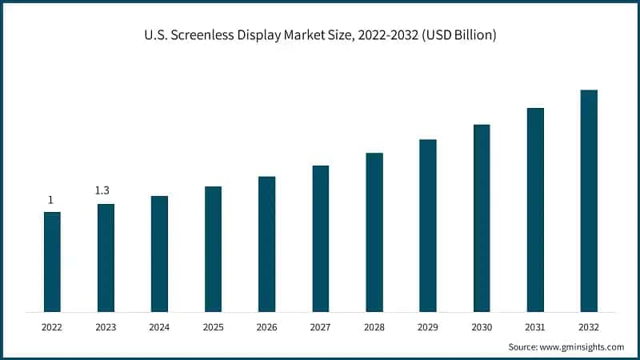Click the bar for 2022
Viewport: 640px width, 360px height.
(52, 262)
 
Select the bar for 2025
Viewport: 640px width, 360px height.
(213, 249)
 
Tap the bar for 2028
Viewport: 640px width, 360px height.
(374, 232)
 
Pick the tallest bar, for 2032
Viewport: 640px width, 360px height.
(589, 200)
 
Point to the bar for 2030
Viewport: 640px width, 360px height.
(482, 218)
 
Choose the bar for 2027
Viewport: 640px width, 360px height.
(321, 238)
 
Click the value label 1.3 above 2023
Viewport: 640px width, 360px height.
(102, 190)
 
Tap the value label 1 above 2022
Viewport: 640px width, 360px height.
(50, 200)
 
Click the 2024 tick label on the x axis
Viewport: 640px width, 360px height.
(159, 326)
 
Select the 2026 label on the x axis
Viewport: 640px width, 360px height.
(266, 326)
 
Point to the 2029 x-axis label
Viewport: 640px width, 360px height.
(428, 326)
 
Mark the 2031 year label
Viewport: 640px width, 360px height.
(535, 326)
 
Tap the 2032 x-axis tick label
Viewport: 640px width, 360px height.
(589, 326)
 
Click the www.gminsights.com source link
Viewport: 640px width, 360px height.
(583, 346)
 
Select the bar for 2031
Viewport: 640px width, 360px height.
(535, 210)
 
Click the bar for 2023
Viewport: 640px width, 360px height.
(106, 258)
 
